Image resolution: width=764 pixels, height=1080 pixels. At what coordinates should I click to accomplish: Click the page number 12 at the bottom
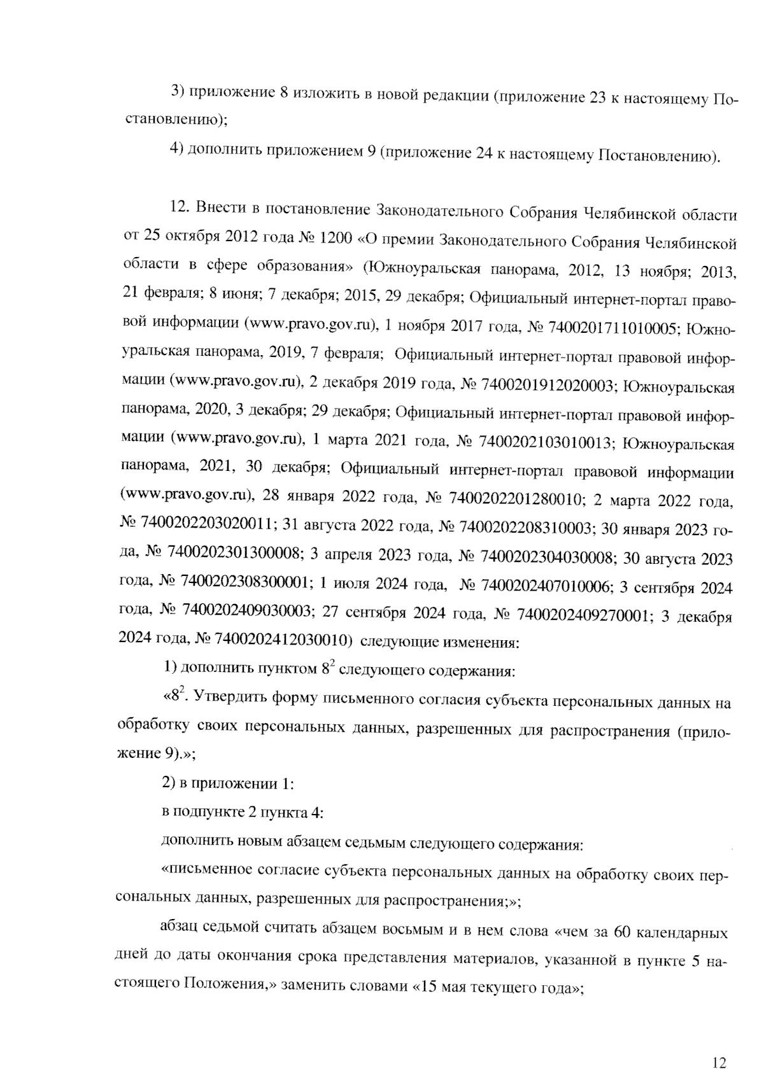click(x=719, y=1045)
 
